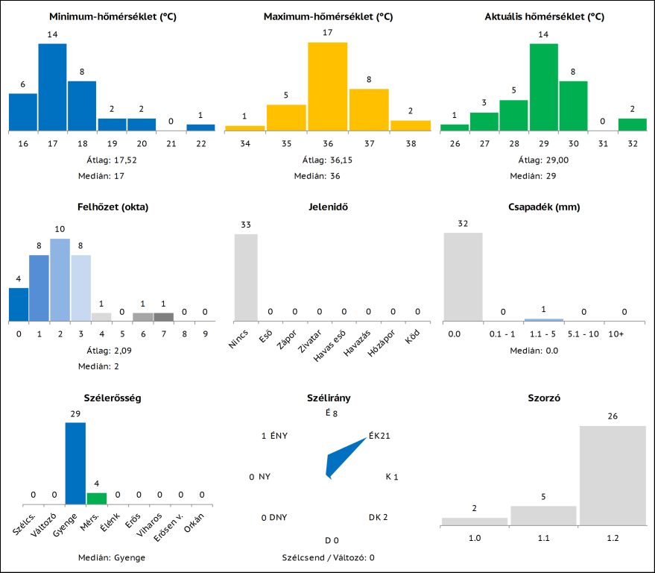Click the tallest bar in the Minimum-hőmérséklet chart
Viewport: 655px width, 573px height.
[52, 87]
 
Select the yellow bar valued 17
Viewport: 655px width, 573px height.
[328, 87]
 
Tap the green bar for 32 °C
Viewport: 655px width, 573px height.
[632, 125]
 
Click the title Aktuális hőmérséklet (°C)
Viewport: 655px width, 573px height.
[544, 16]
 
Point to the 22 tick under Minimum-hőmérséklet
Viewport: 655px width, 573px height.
[200, 143]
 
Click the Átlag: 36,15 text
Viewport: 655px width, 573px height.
[328, 160]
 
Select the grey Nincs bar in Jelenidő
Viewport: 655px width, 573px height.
[246, 278]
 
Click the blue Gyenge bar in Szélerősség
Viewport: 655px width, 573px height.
[75, 463]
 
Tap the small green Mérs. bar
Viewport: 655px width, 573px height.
[97, 498]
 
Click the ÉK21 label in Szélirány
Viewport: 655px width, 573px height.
[379, 436]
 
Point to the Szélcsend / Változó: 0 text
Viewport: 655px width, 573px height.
[328, 557]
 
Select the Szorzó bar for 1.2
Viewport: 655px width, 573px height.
[613, 475]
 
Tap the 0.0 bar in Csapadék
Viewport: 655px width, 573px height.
[463, 277]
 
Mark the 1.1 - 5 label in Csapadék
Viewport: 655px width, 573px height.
[543, 334]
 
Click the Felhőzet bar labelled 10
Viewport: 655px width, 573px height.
[60, 280]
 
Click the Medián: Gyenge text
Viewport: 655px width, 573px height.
[112, 557]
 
